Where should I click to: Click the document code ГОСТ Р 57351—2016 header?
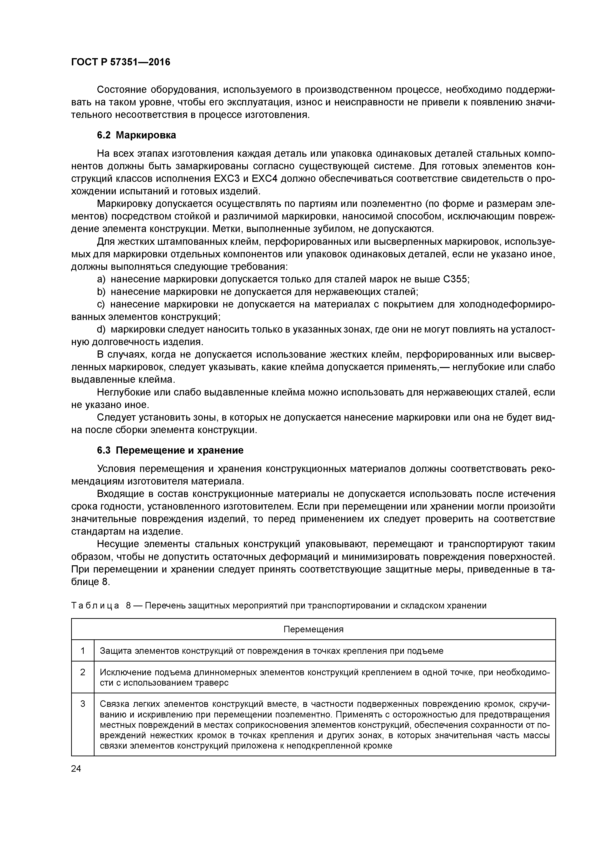coord(121,62)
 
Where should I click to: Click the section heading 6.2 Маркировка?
coord(136,135)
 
